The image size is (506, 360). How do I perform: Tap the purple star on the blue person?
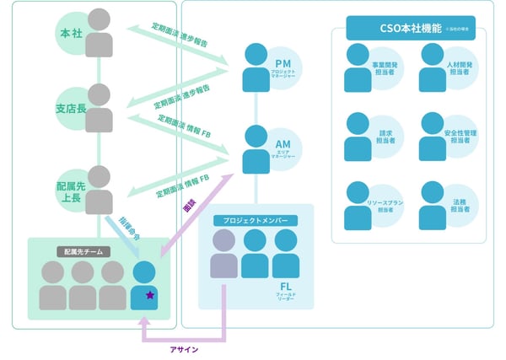pyautogui.click(x=149, y=295)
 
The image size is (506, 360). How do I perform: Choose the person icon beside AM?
pyautogui.click(x=256, y=149)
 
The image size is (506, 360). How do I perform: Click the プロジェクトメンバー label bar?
pyautogui.click(x=256, y=220)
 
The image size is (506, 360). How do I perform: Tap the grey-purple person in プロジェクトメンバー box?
pyautogui.click(x=223, y=253)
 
